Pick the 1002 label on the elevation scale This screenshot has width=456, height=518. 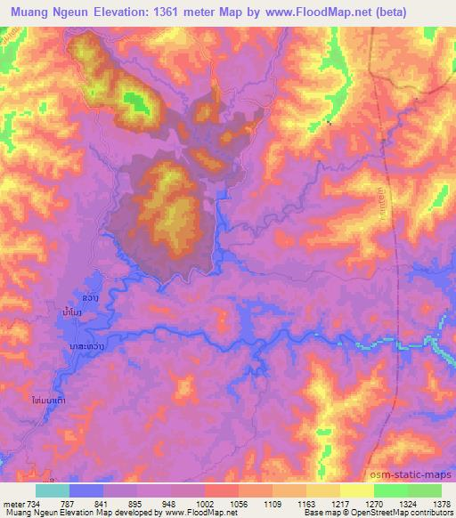tap(207, 503)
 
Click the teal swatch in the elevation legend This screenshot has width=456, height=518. tap(53, 490)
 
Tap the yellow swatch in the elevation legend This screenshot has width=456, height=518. tap(357, 490)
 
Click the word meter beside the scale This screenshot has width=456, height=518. tap(12, 503)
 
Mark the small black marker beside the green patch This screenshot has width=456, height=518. tap(330, 123)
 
